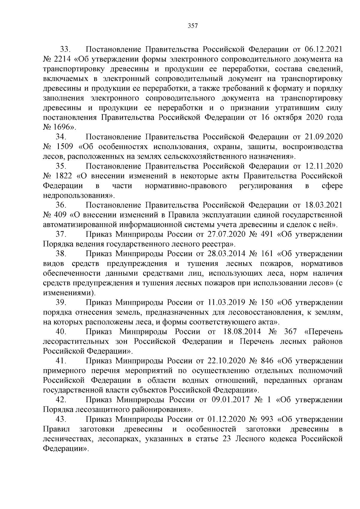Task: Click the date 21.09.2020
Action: point(323,137)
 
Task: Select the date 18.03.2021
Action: point(323,205)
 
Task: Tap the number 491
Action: point(265,234)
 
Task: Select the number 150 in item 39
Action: point(265,303)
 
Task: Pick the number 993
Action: point(265,419)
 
